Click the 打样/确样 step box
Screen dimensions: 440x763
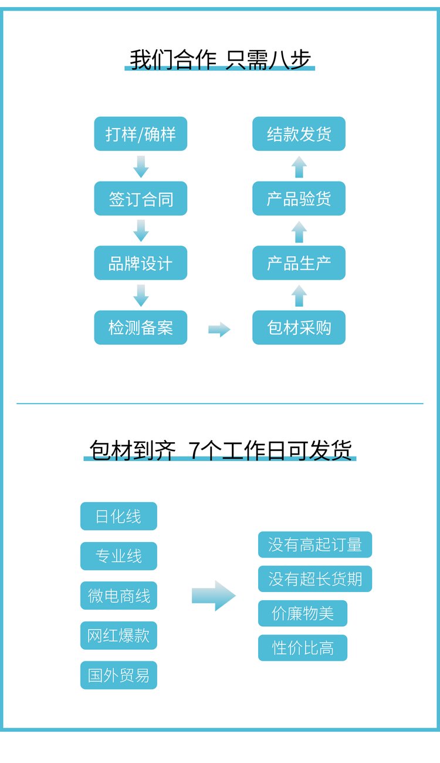[x=141, y=133]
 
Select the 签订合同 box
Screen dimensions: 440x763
[x=141, y=199]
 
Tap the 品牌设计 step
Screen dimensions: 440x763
[x=141, y=263]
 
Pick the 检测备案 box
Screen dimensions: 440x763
[x=141, y=327]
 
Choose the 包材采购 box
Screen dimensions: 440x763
[x=299, y=327]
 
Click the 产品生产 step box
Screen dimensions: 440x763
[x=299, y=263]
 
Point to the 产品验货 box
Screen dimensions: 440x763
[x=299, y=199]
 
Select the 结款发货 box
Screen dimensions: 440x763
[x=299, y=133]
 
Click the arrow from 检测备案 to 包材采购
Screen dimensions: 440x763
[x=219, y=330]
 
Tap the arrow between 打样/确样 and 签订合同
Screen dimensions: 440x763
[x=141, y=167]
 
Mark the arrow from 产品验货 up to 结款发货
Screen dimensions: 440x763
[x=299, y=167]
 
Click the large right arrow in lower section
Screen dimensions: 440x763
[x=214, y=596]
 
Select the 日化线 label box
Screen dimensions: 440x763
[x=119, y=516]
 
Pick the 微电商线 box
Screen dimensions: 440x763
[x=119, y=596]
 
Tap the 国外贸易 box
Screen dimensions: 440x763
[x=119, y=675]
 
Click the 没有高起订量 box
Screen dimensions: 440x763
[x=315, y=544]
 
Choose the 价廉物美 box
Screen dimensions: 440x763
[x=303, y=613]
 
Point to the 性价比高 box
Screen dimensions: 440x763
[x=303, y=647]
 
